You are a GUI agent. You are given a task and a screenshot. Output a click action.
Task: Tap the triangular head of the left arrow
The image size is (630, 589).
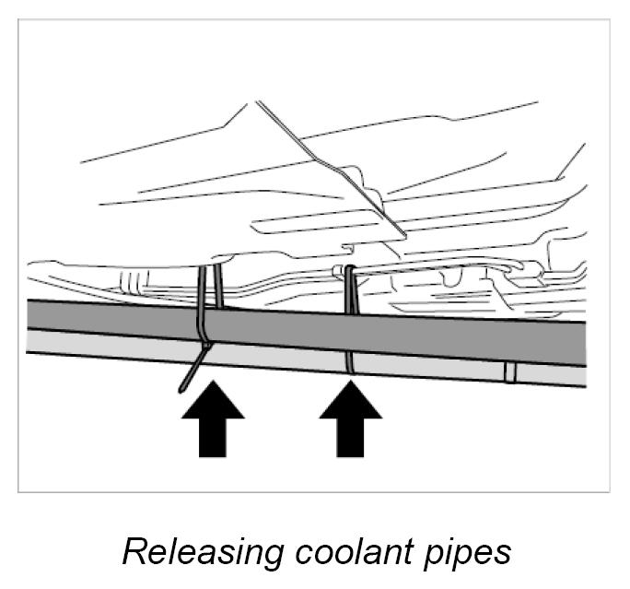click(x=213, y=404)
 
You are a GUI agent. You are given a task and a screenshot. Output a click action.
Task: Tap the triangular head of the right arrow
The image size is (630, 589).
click(x=350, y=404)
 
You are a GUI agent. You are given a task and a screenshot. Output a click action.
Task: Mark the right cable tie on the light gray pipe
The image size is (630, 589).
click(x=350, y=362)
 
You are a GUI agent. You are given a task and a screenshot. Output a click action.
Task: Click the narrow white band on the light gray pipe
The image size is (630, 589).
click(x=509, y=372)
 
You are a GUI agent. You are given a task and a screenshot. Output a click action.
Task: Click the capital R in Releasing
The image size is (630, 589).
click(x=134, y=550)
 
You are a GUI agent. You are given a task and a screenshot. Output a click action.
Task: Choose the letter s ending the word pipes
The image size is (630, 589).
click(x=502, y=554)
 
